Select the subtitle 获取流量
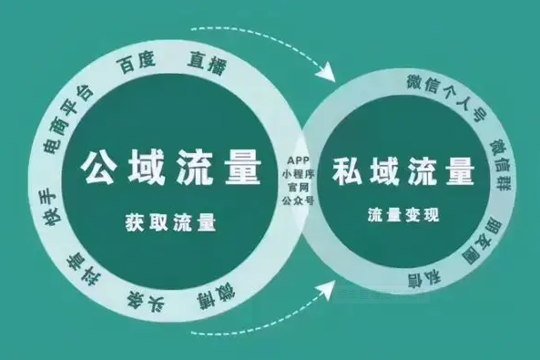[x=173, y=221]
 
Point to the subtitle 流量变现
[x=402, y=216]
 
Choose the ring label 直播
[x=208, y=62]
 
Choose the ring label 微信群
[x=499, y=159]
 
